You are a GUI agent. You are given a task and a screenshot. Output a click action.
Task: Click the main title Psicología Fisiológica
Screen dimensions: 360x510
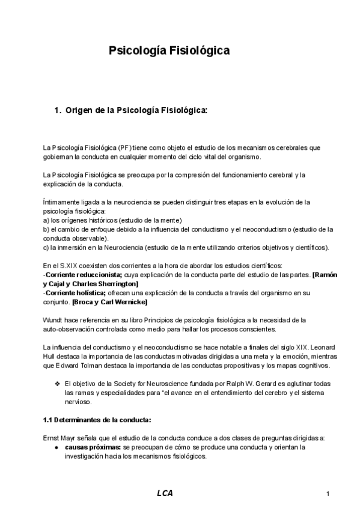[x=169, y=52]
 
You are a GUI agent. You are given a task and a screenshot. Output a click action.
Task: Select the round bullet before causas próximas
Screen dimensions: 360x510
[x=56, y=447]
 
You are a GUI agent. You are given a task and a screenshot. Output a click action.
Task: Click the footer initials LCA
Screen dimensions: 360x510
[x=165, y=494]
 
